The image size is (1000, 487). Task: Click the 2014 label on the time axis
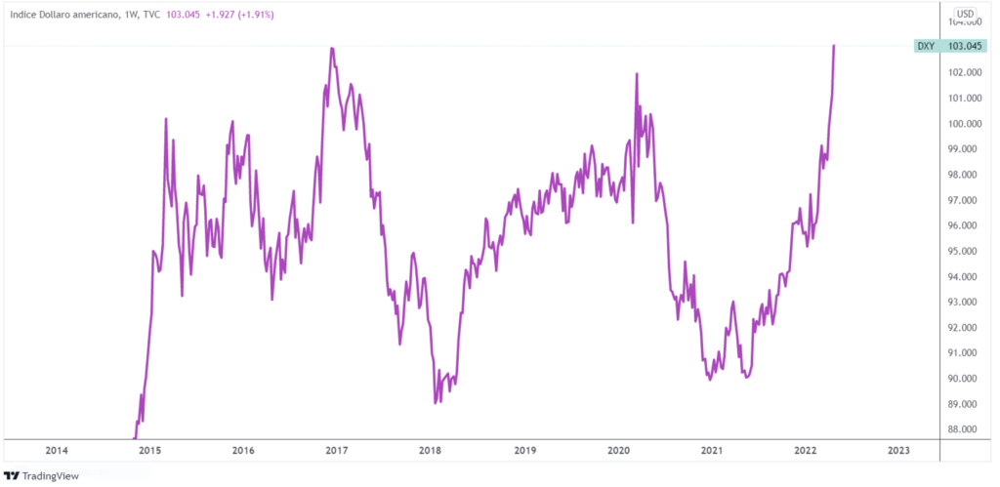pos(57,451)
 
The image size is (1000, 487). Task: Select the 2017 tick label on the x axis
pos(337,451)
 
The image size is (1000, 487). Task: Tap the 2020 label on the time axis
pos(618,451)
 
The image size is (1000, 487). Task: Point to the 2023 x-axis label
pos(898,451)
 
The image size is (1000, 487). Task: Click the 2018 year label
pos(431,451)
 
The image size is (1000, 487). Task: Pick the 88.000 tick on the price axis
pos(965,429)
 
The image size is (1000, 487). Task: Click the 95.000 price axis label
pos(965,251)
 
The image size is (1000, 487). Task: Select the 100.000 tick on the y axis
pos(963,124)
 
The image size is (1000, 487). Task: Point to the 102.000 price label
pos(963,72)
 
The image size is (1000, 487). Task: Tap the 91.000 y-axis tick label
pos(965,353)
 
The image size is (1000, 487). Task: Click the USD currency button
pos(965,14)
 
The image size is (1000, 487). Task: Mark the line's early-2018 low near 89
pos(436,402)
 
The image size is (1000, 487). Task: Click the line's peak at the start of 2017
pos(333,48)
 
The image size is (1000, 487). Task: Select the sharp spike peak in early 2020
pos(637,74)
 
